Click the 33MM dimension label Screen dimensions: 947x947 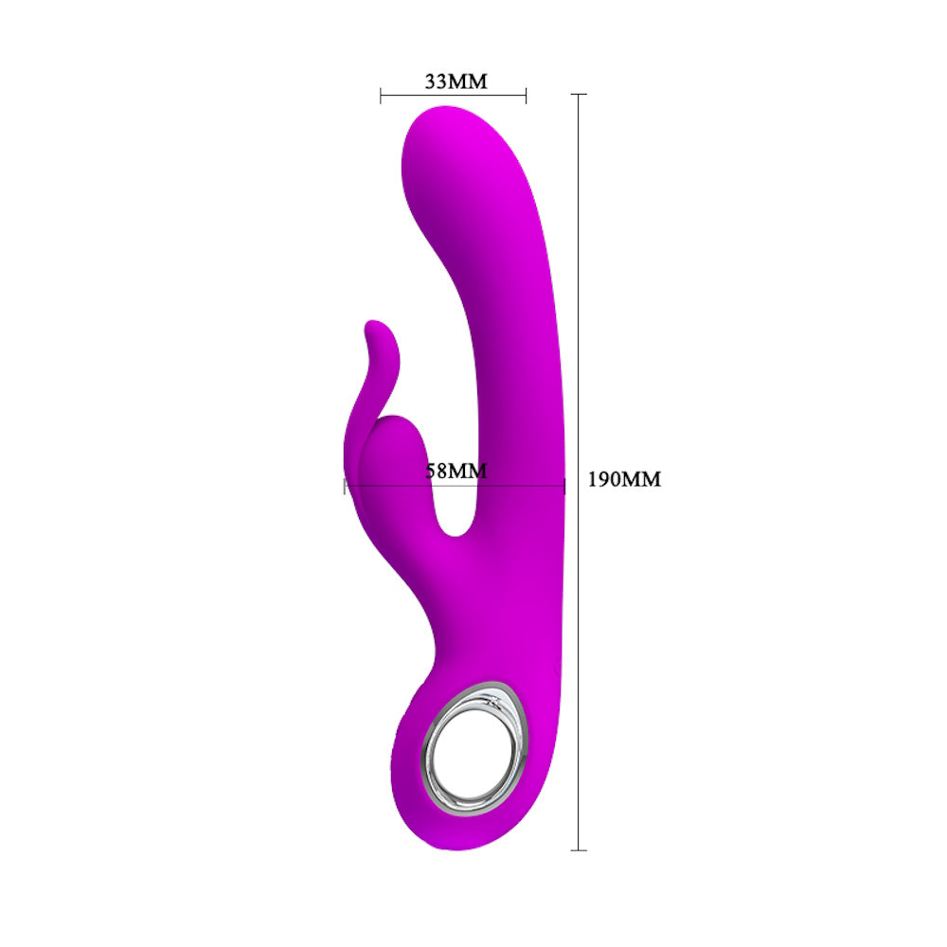(456, 80)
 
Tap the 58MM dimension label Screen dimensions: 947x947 (456, 471)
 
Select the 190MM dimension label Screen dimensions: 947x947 (624, 479)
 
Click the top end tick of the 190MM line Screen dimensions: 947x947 (579, 94)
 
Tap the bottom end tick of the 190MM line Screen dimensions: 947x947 (579, 850)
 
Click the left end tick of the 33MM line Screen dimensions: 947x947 (381, 95)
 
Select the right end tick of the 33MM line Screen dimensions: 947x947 (526, 95)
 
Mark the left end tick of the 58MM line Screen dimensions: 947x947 (345, 486)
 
